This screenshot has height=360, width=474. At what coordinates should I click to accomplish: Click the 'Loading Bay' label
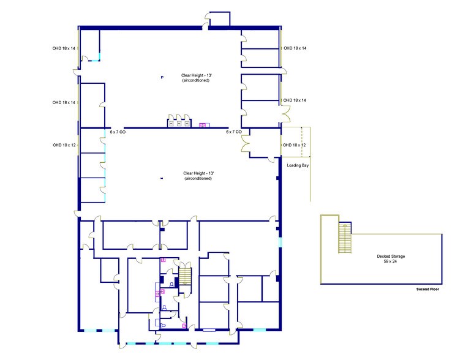pyautogui.click(x=297, y=165)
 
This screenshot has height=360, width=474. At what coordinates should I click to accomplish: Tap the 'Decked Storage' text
pyautogui.click(x=391, y=256)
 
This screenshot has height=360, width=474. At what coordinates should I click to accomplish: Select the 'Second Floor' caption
pyautogui.click(x=427, y=288)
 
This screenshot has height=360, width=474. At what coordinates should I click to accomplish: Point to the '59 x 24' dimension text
pyautogui.click(x=391, y=261)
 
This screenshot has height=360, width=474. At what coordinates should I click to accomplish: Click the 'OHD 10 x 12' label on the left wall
pyautogui.click(x=64, y=145)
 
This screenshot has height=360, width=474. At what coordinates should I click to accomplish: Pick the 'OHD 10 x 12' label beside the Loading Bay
pyautogui.click(x=294, y=145)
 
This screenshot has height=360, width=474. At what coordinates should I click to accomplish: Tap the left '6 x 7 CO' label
pyautogui.click(x=118, y=132)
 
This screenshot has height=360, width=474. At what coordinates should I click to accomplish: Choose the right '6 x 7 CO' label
pyautogui.click(x=234, y=132)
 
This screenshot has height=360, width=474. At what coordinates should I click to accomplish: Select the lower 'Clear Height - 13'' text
pyautogui.click(x=198, y=173)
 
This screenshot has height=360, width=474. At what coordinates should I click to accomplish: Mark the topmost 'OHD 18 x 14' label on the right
pyautogui.click(x=294, y=48)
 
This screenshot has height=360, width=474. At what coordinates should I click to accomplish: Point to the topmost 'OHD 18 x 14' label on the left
pyautogui.click(x=64, y=48)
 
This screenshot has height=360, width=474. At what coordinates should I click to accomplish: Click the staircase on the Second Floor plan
pyautogui.click(x=345, y=239)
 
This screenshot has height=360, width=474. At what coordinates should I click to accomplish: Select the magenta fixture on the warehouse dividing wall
pyautogui.click(x=203, y=125)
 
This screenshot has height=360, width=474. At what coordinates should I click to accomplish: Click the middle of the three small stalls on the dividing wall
pyautogui.click(x=179, y=122)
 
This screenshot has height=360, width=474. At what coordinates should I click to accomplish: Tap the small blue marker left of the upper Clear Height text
pyautogui.click(x=162, y=77)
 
